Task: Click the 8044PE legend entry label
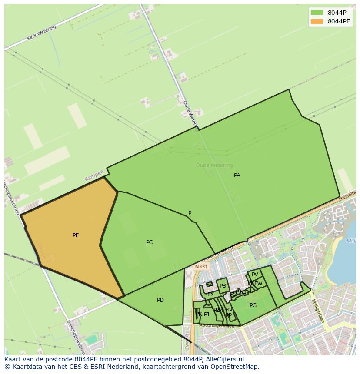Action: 339,21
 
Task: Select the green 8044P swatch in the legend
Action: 317,13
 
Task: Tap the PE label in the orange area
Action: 76,235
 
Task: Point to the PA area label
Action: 237,175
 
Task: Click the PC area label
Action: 149,242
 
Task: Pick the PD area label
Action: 160,300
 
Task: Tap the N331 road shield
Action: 201,267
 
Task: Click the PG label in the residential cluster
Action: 253,305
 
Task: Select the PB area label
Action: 223,286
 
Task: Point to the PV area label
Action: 255,275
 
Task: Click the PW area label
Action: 259,284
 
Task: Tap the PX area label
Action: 210,295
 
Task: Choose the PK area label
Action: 198,314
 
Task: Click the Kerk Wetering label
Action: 42,33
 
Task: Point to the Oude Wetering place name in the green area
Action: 214,165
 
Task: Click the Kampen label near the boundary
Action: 94,176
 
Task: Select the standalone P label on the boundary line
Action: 190,213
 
